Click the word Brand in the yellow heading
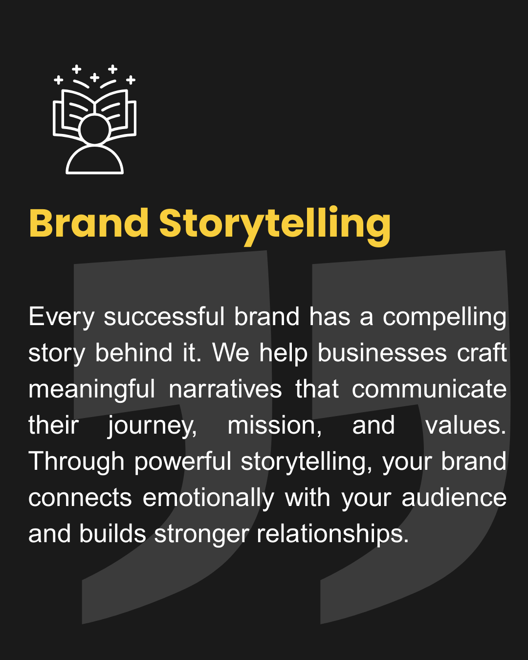tap(89, 223)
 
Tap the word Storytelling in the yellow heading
tap(275, 226)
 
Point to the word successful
tap(164, 316)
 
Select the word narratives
tap(225, 389)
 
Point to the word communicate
tap(429, 389)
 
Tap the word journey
tap(153, 427)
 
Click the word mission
tap(275, 425)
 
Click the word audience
tap(454, 498)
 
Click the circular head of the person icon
tap(94, 130)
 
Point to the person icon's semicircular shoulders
tap(94, 159)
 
